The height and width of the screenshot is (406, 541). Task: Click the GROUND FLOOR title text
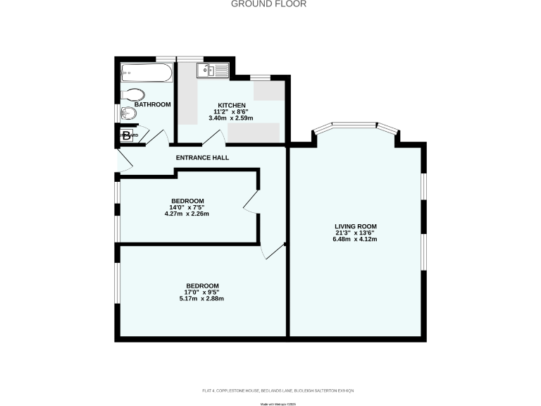click(269, 4)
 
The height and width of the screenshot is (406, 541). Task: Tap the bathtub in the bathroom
click(146, 73)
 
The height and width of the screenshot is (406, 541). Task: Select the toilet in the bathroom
click(133, 94)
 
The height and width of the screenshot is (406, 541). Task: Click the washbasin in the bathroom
click(129, 113)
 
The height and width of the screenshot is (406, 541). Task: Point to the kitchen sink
click(212, 70)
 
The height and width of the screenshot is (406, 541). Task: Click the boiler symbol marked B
click(126, 136)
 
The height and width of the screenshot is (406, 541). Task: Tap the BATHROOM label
click(152, 104)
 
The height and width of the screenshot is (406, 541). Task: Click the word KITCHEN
click(231, 105)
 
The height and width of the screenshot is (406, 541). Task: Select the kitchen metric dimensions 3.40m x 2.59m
click(231, 118)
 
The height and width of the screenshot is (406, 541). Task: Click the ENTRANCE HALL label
click(203, 157)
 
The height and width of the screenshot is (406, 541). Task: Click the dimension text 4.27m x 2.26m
click(187, 214)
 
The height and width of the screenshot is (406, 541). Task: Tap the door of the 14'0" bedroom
click(251, 204)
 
